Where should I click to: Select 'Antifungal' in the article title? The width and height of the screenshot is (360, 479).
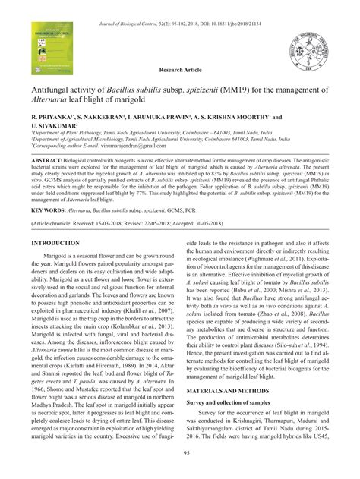(52, 90)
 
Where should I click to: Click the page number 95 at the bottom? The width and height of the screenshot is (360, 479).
(179, 453)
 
